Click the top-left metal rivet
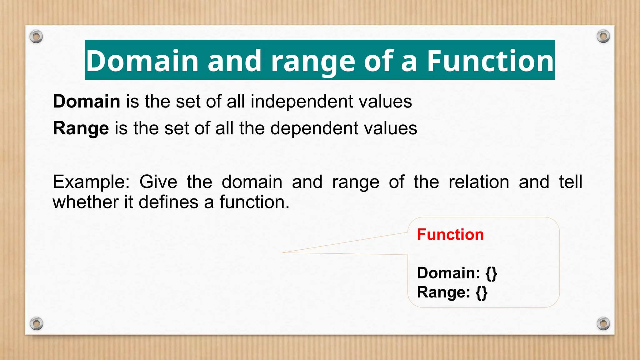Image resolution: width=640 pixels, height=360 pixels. (x=36, y=37)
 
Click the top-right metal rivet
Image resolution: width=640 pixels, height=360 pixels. (x=603, y=37)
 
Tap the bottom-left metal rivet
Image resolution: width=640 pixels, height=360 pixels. (x=36, y=323)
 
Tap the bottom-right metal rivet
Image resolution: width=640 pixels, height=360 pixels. (x=603, y=323)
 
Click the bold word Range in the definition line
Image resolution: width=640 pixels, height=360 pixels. (x=81, y=128)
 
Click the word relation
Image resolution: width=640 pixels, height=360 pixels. (x=479, y=182)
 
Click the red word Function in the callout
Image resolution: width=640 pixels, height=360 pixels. (x=450, y=234)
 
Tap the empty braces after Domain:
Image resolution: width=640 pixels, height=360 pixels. (x=491, y=273)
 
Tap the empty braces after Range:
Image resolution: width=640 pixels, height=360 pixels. (x=482, y=292)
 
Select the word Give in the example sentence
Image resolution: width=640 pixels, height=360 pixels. (x=158, y=182)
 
